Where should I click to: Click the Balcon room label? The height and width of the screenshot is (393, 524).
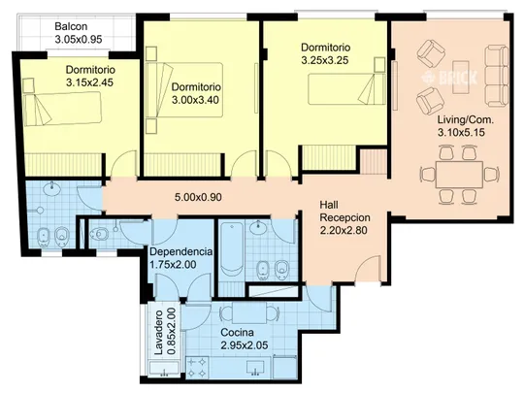71,26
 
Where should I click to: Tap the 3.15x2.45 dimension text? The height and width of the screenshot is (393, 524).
89,82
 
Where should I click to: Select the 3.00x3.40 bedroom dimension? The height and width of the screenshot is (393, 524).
195,100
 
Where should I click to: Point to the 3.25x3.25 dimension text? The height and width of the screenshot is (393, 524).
325,60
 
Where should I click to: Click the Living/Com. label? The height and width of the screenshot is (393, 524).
466,119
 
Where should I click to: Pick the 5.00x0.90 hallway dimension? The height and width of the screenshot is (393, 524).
198,197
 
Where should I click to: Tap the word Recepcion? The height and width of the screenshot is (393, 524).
344,217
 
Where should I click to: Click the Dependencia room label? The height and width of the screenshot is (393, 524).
180,251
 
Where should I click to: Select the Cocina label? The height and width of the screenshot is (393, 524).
238,333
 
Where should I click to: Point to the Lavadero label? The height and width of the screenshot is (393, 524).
159,332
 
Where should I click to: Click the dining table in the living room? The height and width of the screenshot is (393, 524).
459,175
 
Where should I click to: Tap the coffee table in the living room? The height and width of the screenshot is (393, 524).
461,77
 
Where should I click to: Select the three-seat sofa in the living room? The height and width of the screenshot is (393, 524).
496,77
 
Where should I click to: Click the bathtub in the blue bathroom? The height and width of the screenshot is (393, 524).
232,248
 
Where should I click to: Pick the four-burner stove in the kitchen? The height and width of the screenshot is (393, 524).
198,368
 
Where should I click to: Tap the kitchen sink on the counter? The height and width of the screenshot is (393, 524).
255,368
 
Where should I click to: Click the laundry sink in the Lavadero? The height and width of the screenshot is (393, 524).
164,370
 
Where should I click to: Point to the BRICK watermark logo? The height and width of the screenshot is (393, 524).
451,78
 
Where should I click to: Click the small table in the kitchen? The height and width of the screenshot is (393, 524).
249,313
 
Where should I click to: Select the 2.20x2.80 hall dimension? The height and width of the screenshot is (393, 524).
344,231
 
